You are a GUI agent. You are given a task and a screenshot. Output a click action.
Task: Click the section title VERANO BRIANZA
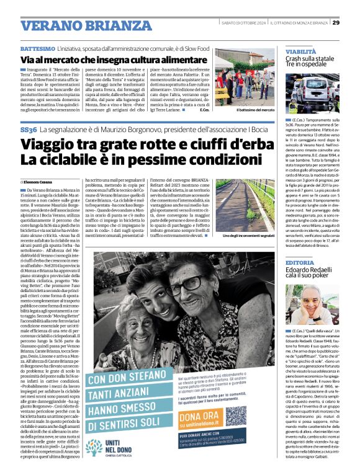coord(73,25)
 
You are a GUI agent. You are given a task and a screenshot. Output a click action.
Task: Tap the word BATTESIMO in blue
coord(38,48)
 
